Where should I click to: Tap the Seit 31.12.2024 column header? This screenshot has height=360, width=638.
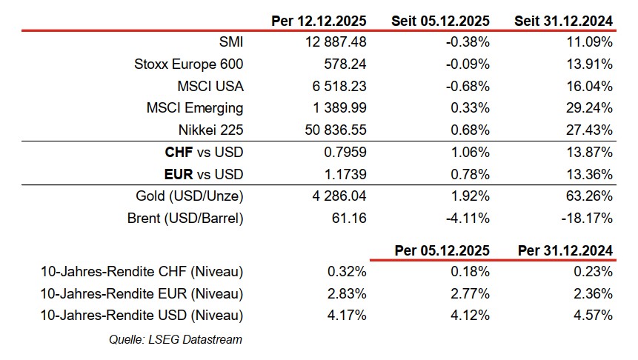[x=564, y=21]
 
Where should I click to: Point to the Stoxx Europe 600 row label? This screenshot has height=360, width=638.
[x=188, y=64]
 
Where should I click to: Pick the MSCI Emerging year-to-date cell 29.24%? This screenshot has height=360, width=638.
[x=588, y=108]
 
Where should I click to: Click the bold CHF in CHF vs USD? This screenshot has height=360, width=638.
[x=179, y=153]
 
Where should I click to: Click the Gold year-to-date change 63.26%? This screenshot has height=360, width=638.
[x=588, y=197]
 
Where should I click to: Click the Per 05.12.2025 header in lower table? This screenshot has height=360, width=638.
[x=442, y=250]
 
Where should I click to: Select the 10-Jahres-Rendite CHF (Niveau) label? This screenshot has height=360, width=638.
[x=142, y=271]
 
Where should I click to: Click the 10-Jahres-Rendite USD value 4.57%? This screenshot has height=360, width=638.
[x=593, y=315]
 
